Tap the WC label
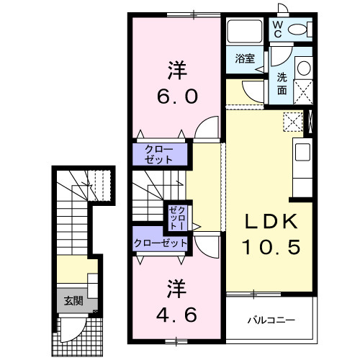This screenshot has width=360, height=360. tap(277, 28)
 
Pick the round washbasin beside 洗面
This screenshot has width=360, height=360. tap(303, 68)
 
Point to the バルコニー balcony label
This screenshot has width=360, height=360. tap(271, 318)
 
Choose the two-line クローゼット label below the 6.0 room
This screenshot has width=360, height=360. tap(158, 153)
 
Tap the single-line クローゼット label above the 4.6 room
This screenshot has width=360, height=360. tap(160, 243)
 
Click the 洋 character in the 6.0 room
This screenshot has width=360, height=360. tap(177, 71)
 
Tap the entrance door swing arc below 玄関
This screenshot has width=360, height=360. tap(72, 330)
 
